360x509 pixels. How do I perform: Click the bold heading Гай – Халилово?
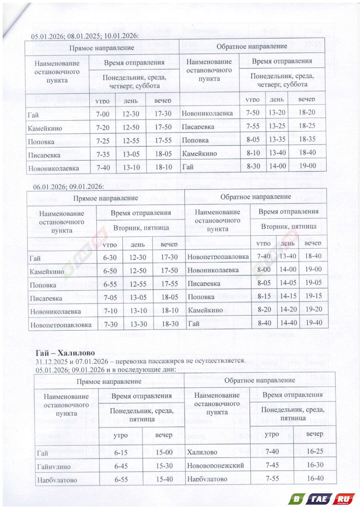[65, 353]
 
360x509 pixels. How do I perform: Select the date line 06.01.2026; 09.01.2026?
[68, 186]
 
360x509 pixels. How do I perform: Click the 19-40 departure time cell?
[314, 323]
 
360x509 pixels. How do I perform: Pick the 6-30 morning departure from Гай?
[110, 258]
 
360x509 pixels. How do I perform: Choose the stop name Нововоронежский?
[215, 465]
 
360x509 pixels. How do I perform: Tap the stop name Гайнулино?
[54, 467]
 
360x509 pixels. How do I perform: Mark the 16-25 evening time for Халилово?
[315, 451]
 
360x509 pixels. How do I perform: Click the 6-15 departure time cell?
[121, 453]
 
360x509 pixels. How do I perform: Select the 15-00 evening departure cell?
[164, 453]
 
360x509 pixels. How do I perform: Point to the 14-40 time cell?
[288, 323]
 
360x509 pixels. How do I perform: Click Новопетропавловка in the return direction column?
[218, 257]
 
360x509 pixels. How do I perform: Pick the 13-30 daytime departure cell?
[138, 324]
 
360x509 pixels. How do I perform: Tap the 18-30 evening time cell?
[170, 324]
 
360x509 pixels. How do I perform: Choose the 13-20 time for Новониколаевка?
[277, 113]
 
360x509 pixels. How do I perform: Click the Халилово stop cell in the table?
[202, 452]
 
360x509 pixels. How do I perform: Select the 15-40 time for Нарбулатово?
[164, 479]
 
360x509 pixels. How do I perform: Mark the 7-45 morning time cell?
[272, 465]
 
